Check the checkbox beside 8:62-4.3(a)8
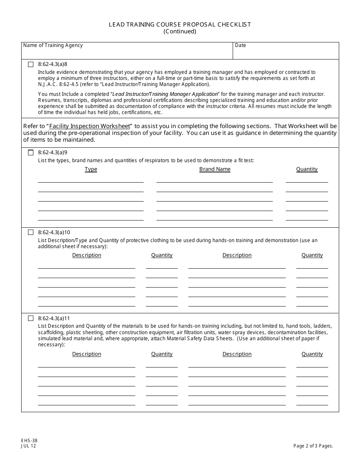31,64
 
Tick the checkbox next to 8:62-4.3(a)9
31,153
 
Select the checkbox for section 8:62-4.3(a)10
31,232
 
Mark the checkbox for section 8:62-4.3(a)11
31,318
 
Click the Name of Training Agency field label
53,45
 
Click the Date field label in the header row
240,45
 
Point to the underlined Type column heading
91,169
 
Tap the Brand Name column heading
214,169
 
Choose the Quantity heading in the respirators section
307,169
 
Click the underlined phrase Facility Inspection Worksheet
89,126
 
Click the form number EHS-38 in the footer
29,441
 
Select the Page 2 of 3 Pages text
313,446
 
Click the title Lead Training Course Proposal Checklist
180,24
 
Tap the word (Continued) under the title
180,31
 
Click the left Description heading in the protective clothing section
87,255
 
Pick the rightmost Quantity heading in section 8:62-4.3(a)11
312,354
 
